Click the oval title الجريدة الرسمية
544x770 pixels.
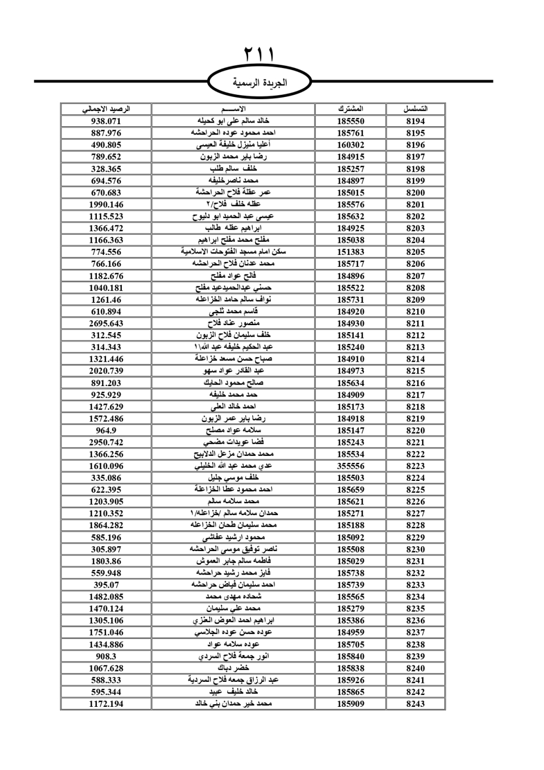(260, 83)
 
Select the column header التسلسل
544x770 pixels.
(415, 109)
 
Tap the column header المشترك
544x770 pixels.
(350, 109)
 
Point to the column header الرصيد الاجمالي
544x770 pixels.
(106, 109)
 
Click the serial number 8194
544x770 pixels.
(415, 121)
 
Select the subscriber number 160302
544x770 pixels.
(350, 145)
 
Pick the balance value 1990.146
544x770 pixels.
(106, 204)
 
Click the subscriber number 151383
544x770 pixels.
(350, 252)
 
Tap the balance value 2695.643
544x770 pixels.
(106, 323)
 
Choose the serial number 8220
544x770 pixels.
(415, 430)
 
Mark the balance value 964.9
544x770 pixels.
(106, 430)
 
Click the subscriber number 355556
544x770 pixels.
(350, 466)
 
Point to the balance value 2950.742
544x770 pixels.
(106, 442)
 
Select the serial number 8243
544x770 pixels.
(415, 704)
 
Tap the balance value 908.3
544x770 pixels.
(106, 656)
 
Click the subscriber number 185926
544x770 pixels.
(350, 680)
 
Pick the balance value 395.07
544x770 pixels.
(106, 585)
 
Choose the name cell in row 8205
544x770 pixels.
(233, 252)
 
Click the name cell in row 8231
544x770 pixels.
(233, 561)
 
